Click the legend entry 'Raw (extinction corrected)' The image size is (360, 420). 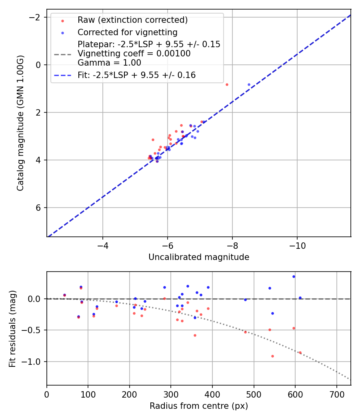coord(132,20)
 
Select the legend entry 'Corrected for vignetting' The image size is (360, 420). coord(127,32)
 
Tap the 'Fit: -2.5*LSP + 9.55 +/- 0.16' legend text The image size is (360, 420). coord(136,75)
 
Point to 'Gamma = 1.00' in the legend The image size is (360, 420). coord(109,62)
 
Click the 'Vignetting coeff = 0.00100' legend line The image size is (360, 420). coord(134,53)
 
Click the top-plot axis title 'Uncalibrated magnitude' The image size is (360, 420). coord(199,257)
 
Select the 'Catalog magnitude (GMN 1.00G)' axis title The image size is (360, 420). coord(20,123)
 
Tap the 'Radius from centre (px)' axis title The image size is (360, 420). coord(199,406)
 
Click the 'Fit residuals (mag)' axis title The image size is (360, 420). coord(12,328)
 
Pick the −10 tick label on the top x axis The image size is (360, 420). coord(297,245)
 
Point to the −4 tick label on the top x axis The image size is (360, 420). coord(103,245)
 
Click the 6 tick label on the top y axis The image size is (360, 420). coord(38,208)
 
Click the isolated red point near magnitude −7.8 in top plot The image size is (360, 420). coord(227,84)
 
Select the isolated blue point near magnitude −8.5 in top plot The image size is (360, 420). coord(249,84)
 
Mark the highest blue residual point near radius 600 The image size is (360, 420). coord(294,276)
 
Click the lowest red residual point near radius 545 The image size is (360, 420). coord(272,356)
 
